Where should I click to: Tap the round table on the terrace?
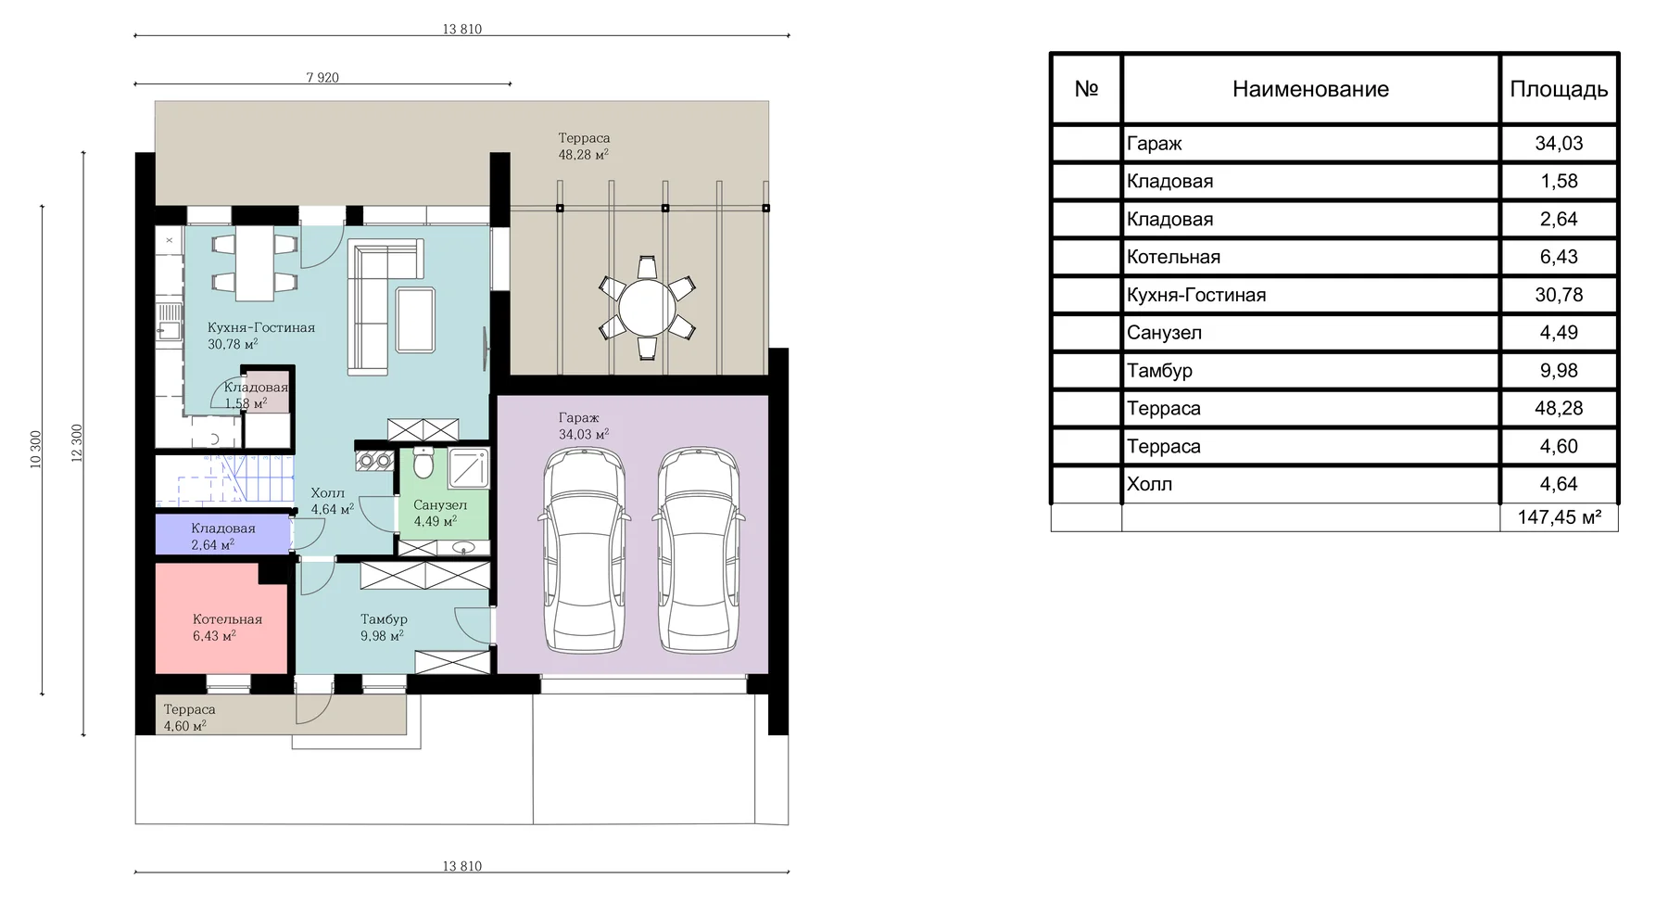coord(648,309)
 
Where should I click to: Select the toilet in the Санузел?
coord(423,463)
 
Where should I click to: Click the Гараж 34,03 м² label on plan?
coord(583,426)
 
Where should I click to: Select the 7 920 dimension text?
coord(322,78)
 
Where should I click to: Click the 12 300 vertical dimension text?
coord(77,443)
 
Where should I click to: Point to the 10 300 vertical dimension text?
coord(36,449)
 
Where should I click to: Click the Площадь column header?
coord(1559,89)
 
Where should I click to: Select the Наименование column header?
coord(1310,89)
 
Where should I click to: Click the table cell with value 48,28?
coord(1559,408)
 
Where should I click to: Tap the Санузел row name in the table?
coord(1164,333)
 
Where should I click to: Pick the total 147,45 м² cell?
coord(1560,517)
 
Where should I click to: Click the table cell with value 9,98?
coord(1559,371)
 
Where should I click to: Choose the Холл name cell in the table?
coord(1149,484)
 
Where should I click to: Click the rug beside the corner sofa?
coord(415,320)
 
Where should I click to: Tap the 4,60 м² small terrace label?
coord(184,726)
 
